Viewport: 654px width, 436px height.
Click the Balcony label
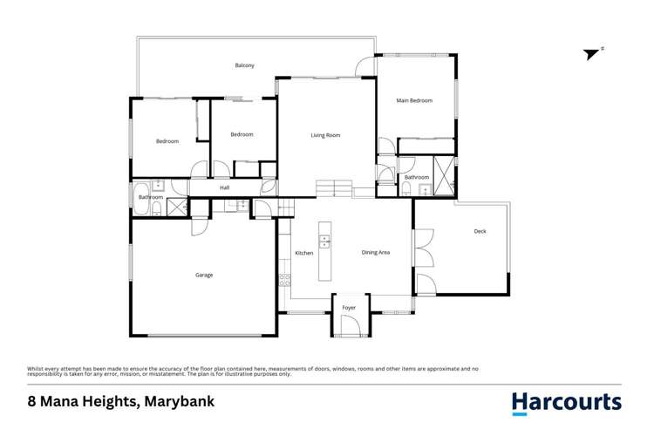coord(244,65)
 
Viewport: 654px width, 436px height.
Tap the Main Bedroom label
coord(414,101)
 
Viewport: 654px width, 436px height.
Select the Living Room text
coord(325,135)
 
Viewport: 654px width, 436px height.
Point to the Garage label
coord(204,275)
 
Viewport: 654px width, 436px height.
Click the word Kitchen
coord(303,253)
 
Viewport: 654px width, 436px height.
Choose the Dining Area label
coord(376,253)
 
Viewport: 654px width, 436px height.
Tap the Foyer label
coord(349,308)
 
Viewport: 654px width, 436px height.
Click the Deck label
coord(480,231)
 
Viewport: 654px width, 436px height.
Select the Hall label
coord(224,187)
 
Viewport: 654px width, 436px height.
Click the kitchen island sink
coord(325,239)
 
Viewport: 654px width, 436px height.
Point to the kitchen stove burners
coord(284,279)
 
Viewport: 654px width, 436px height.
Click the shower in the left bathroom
coord(176,207)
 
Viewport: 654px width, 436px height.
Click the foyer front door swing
coord(349,326)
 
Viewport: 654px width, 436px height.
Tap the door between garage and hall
coord(200,224)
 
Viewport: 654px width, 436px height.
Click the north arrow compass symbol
coord(593,53)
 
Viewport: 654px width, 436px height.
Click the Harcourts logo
coord(566,403)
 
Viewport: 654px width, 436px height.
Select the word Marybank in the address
coord(180,403)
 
